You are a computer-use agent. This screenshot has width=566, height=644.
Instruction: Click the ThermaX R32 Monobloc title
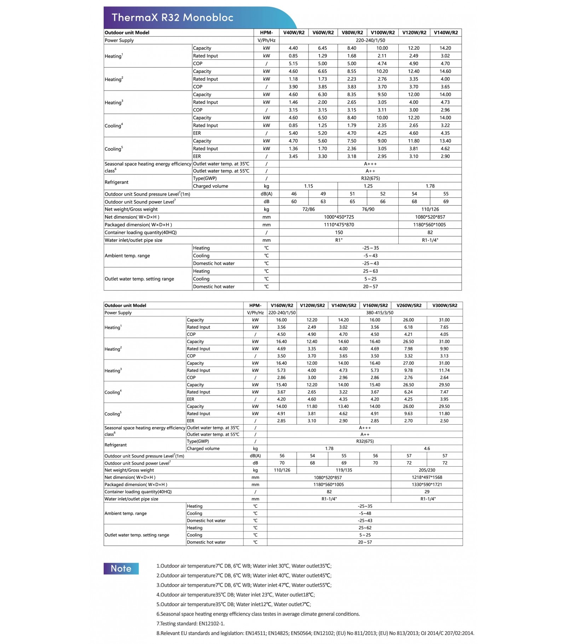click(x=172, y=17)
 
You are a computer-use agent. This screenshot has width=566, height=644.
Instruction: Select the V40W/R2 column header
click(x=294, y=33)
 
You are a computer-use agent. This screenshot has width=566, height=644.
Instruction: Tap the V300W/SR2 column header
click(x=445, y=305)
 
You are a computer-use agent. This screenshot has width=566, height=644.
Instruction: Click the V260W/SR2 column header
click(x=409, y=305)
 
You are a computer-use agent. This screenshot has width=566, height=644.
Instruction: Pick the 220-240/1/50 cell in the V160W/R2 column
click(x=282, y=313)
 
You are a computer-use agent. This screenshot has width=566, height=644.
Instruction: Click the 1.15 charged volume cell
click(x=308, y=186)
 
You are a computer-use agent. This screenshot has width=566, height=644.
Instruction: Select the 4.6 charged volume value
click(x=427, y=449)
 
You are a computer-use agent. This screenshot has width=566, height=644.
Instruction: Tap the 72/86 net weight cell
click(x=308, y=209)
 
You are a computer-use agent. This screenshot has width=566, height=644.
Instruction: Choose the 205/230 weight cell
click(x=427, y=470)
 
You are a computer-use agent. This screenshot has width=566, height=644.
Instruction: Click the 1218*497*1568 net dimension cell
click(x=427, y=477)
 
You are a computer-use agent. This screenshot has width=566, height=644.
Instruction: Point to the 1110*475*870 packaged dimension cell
click(x=339, y=225)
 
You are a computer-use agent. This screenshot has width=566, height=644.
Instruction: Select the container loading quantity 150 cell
click(x=339, y=232)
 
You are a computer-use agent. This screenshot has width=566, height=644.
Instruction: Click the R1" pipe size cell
click(x=339, y=240)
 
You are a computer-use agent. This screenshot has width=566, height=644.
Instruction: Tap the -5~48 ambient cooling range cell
click(x=365, y=513)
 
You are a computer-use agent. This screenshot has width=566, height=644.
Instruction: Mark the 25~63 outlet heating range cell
click(x=370, y=271)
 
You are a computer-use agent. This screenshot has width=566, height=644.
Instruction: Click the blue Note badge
click(x=121, y=568)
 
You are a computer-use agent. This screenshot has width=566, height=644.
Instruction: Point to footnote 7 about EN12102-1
click(x=190, y=623)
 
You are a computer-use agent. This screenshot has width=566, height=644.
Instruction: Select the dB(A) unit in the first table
click(x=266, y=194)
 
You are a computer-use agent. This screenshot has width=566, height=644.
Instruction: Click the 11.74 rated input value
click(x=444, y=370)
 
